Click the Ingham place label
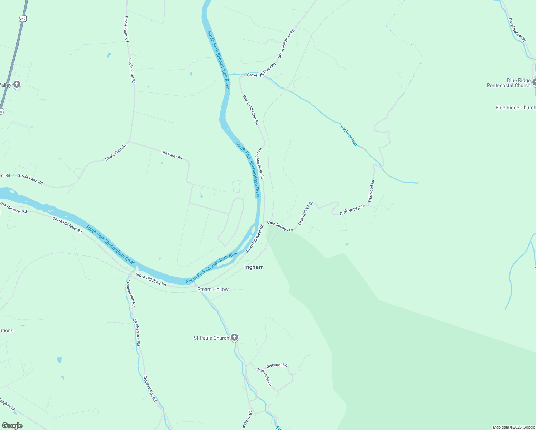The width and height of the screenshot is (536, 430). [x=254, y=267]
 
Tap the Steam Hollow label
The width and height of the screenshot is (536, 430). [x=213, y=289]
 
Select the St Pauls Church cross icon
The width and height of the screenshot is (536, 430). [x=234, y=337]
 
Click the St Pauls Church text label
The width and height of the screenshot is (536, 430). [x=211, y=338]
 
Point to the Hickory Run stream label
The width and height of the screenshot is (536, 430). [x=349, y=135]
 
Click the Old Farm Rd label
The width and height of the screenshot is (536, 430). [x=172, y=155]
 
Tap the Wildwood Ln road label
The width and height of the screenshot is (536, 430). [x=371, y=191]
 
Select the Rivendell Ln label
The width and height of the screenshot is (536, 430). [x=277, y=365]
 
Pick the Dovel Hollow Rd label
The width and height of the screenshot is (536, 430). [x=517, y=30]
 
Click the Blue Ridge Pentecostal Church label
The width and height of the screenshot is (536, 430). [x=508, y=83]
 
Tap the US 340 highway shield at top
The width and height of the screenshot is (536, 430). [x=23, y=18]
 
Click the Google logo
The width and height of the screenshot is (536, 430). [x=12, y=425]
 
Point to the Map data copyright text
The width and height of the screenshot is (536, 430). [x=514, y=427]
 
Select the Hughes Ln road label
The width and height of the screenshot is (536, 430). [x=7, y=405]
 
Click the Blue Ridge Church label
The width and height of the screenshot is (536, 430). [x=515, y=107]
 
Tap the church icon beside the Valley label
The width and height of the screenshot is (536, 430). [x=16, y=85]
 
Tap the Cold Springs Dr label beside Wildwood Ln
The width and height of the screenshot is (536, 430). [x=352, y=210]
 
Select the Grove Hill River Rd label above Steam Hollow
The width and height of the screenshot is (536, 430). [x=150, y=279]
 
